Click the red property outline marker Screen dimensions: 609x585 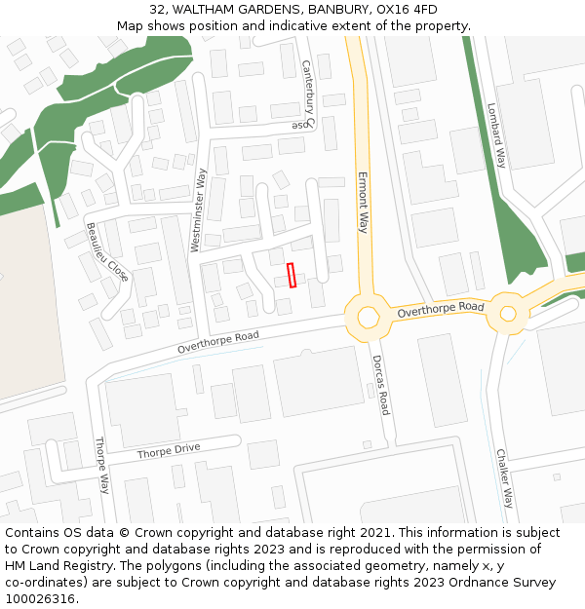(x=292, y=276)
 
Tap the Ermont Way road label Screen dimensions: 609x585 (x=363, y=203)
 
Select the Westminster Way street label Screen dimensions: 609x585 (x=199, y=210)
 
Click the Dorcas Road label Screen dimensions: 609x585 (x=380, y=384)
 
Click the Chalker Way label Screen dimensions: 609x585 (x=504, y=478)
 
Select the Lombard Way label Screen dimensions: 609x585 (x=497, y=136)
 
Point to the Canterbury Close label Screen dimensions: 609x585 (x=307, y=95)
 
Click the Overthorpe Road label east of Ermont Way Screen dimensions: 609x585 (x=441, y=309)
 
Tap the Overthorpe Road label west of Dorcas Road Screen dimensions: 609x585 (x=218, y=342)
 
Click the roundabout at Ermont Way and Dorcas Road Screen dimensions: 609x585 (x=368, y=317)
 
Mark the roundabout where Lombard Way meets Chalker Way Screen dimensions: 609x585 (x=507, y=313)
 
